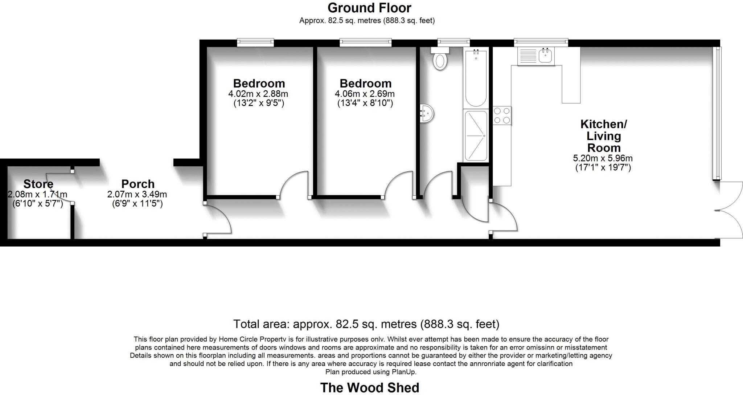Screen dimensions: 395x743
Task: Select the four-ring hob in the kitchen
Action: coord(502,115)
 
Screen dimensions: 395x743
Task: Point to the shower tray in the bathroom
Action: coord(476,135)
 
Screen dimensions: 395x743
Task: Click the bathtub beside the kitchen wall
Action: coord(476,78)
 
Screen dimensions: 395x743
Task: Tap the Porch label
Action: coord(138,184)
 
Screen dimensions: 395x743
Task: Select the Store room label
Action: coord(38,184)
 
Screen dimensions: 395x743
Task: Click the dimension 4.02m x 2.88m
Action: coord(258,94)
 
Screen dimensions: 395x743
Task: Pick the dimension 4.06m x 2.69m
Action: coord(365,94)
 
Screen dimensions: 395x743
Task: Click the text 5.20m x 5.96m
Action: coord(603,158)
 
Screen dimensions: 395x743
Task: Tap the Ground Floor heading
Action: coord(369,8)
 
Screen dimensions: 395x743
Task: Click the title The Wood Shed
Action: coord(369,387)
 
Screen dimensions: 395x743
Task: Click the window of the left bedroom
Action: coord(255,43)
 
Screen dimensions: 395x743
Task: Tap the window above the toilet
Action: coord(453,42)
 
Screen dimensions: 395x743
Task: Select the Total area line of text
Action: coord(366,324)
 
